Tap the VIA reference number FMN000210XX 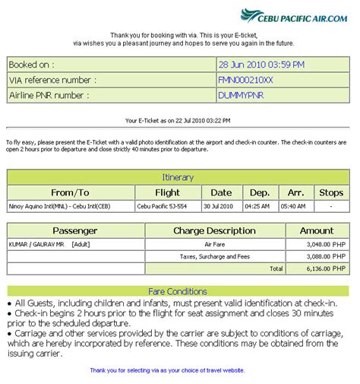coord(245,80)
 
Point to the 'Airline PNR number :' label coord(49,95)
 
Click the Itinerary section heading coord(178,177)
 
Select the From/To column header coord(70,192)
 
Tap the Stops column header coord(331,192)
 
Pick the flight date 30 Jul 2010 coord(221,206)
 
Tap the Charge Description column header coord(214,230)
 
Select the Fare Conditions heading coord(178,291)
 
